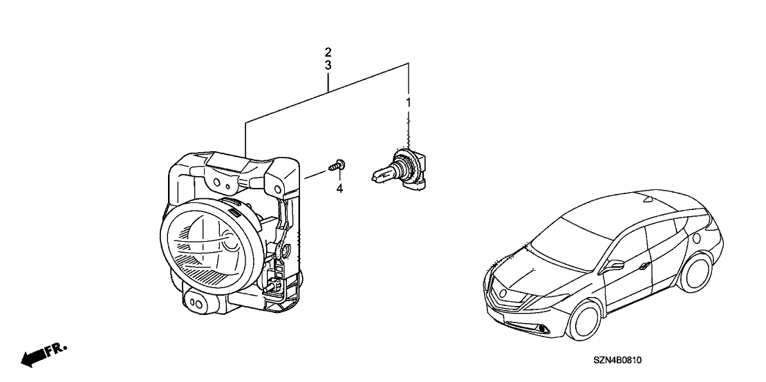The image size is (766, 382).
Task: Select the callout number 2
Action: tap(328, 52)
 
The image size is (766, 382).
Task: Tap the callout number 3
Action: tap(328, 65)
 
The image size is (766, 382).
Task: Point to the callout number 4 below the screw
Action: tap(339, 188)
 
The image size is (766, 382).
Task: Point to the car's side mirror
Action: tap(615, 265)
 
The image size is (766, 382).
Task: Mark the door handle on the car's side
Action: tap(645, 266)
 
